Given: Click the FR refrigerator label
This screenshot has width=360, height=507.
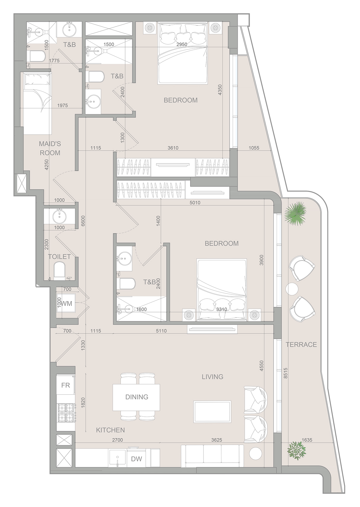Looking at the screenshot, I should [x=65, y=385].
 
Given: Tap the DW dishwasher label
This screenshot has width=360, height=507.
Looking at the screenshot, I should [x=136, y=459].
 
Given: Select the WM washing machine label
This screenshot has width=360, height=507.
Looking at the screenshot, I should [x=67, y=304].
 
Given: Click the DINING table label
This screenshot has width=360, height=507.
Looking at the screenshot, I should [x=137, y=397].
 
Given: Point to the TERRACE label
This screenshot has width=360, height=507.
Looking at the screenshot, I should [x=301, y=344].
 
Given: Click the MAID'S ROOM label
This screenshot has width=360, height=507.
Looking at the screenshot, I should [x=50, y=148].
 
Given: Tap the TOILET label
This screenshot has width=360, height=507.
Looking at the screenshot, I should [x=59, y=256].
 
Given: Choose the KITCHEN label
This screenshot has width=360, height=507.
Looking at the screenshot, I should [x=110, y=430].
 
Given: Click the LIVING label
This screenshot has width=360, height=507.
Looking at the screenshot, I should [x=212, y=377].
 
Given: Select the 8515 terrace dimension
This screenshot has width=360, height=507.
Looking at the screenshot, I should [x=285, y=373].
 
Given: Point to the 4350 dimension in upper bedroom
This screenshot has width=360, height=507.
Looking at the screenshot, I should [x=220, y=90].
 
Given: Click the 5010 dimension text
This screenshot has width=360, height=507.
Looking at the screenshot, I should [x=195, y=203].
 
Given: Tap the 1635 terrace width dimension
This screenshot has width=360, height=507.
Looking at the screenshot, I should [x=307, y=440].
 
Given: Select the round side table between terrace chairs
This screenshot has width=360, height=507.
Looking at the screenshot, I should [x=292, y=289].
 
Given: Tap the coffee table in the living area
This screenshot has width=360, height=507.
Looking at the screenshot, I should [x=212, y=412].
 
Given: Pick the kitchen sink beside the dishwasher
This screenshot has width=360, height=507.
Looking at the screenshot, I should [x=117, y=458].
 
